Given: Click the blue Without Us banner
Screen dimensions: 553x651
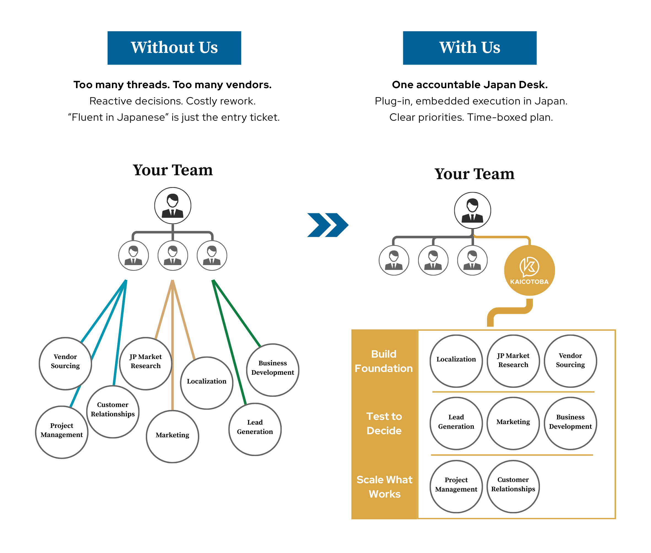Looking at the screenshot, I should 174,48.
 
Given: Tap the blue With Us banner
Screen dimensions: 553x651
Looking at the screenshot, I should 469,48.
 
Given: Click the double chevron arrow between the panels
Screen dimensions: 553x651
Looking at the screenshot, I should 328,225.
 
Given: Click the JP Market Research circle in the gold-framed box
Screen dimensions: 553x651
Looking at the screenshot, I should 513,360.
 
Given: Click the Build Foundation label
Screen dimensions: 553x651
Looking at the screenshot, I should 384,361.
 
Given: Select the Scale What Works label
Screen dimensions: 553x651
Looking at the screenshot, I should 384,487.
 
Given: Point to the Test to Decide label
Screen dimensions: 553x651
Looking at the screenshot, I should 384,423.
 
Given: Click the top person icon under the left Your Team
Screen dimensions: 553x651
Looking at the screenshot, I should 173,206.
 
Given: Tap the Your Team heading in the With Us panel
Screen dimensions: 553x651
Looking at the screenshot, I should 474,174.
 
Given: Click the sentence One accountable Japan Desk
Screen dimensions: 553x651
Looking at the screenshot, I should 469,85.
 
